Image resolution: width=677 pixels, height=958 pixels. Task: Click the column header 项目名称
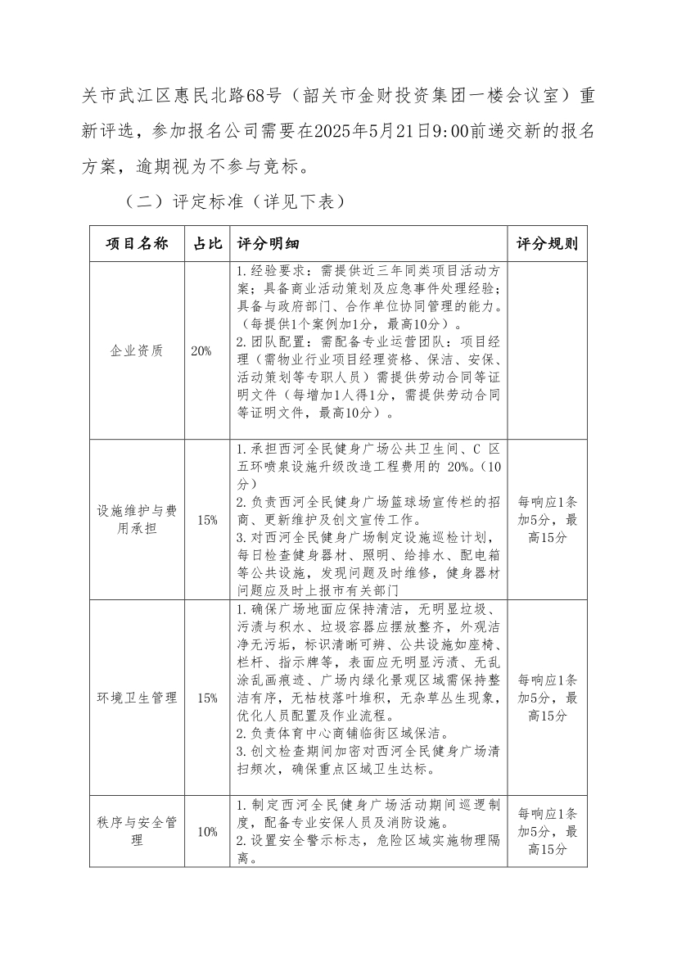(x=137, y=244)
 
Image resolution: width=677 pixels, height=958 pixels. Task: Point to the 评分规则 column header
(x=547, y=244)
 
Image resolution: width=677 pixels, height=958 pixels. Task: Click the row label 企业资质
(x=137, y=350)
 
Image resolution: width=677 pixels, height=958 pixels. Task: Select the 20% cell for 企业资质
(x=201, y=350)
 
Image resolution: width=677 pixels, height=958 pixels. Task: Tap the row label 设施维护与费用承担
(x=137, y=520)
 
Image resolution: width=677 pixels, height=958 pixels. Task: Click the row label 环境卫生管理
(x=137, y=698)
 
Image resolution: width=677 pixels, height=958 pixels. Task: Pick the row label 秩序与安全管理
(x=137, y=832)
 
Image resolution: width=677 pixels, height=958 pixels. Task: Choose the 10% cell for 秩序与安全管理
(x=207, y=832)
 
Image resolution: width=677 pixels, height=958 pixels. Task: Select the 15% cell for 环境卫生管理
(x=207, y=698)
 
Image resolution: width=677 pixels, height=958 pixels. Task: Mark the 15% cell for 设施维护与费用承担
(x=207, y=520)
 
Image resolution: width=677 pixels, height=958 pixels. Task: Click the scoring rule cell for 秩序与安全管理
(x=547, y=832)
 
